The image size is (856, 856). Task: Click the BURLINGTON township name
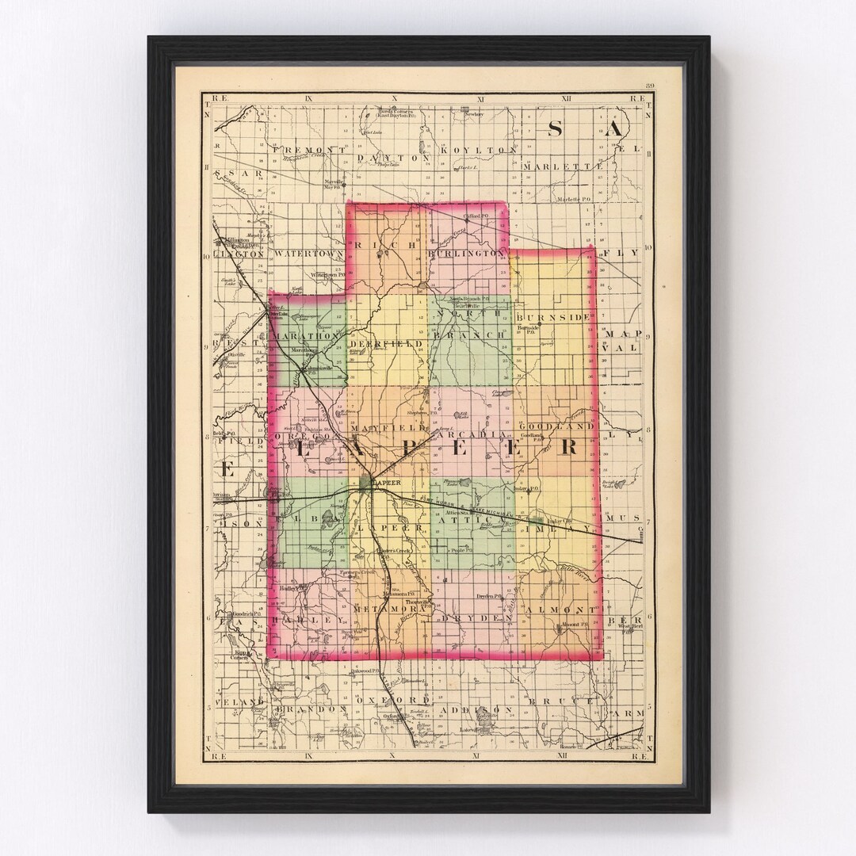tap(465, 254)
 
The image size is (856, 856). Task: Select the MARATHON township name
tap(306, 336)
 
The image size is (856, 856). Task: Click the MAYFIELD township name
tap(389, 428)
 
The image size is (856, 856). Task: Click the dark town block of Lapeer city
tap(365, 483)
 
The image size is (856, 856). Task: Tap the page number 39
tap(650, 86)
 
